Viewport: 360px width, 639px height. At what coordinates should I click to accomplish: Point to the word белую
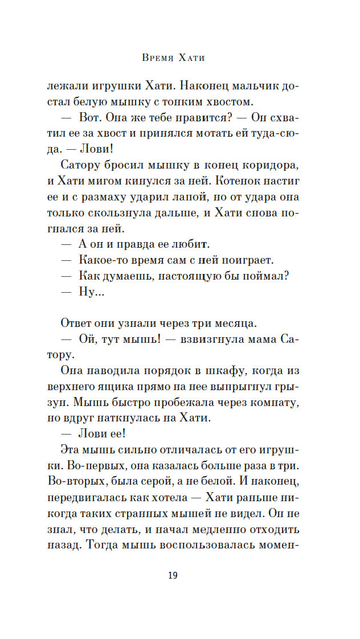click(93, 102)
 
